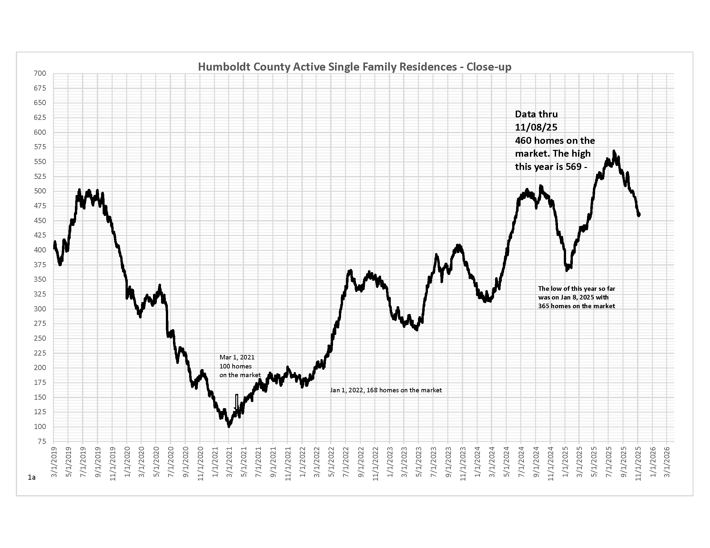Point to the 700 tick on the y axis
click(x=40, y=73)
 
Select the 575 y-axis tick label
click(x=40, y=147)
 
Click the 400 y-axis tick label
click(x=40, y=250)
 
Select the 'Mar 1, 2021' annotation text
click(x=237, y=357)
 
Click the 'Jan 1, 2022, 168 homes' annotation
click(x=386, y=390)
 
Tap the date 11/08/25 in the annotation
click(x=536, y=127)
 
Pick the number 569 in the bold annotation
click(x=573, y=167)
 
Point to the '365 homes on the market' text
click(x=576, y=306)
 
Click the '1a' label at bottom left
click(x=32, y=477)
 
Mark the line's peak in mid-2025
click(x=614, y=151)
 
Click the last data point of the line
click(x=639, y=215)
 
